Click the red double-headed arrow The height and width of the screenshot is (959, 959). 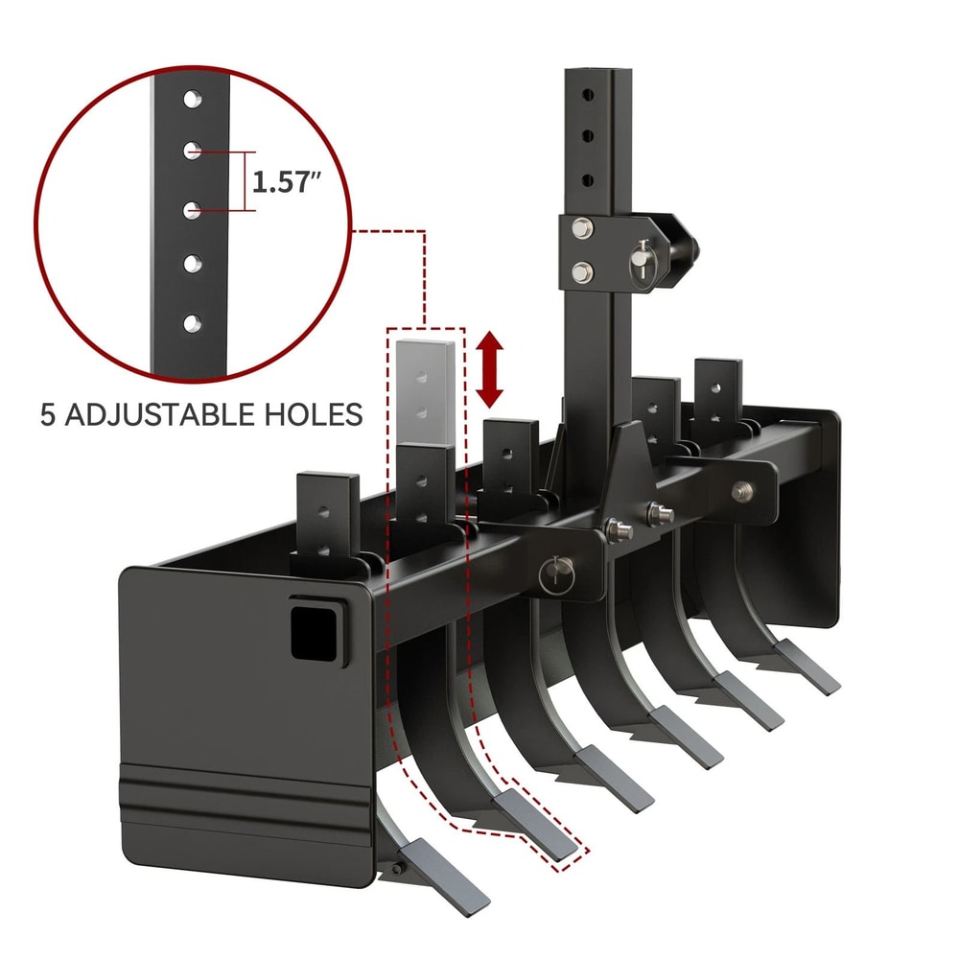click(x=490, y=369)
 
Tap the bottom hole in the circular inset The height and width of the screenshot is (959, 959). click(x=192, y=323)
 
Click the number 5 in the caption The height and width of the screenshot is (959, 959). click(x=50, y=414)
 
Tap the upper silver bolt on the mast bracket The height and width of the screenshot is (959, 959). click(x=580, y=230)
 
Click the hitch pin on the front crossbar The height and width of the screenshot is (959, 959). click(x=555, y=575)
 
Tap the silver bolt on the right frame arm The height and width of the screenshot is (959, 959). click(x=741, y=490)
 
